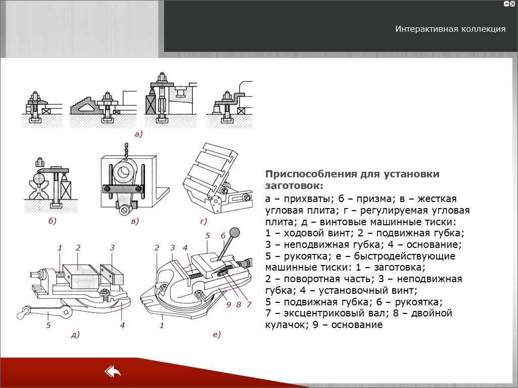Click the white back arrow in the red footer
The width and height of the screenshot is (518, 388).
(x=113, y=371)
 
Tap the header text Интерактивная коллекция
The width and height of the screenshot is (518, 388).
(x=450, y=29)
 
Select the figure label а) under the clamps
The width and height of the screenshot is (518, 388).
(x=138, y=134)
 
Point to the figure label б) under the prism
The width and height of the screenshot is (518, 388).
(x=53, y=221)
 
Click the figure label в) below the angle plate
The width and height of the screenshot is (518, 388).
(x=135, y=221)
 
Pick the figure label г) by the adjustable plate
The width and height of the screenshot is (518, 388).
(x=203, y=221)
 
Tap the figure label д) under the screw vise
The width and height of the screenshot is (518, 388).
(x=75, y=335)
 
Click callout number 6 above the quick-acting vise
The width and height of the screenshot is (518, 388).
(x=223, y=236)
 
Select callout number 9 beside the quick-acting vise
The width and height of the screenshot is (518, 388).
(x=228, y=304)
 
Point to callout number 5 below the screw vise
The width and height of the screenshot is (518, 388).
(x=48, y=326)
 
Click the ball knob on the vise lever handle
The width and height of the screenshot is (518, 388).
(x=235, y=232)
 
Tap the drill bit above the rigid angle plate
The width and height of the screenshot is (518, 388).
(x=126, y=151)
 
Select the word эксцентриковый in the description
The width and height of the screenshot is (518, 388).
(x=334, y=313)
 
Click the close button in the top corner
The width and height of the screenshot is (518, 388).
(x=512, y=4)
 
